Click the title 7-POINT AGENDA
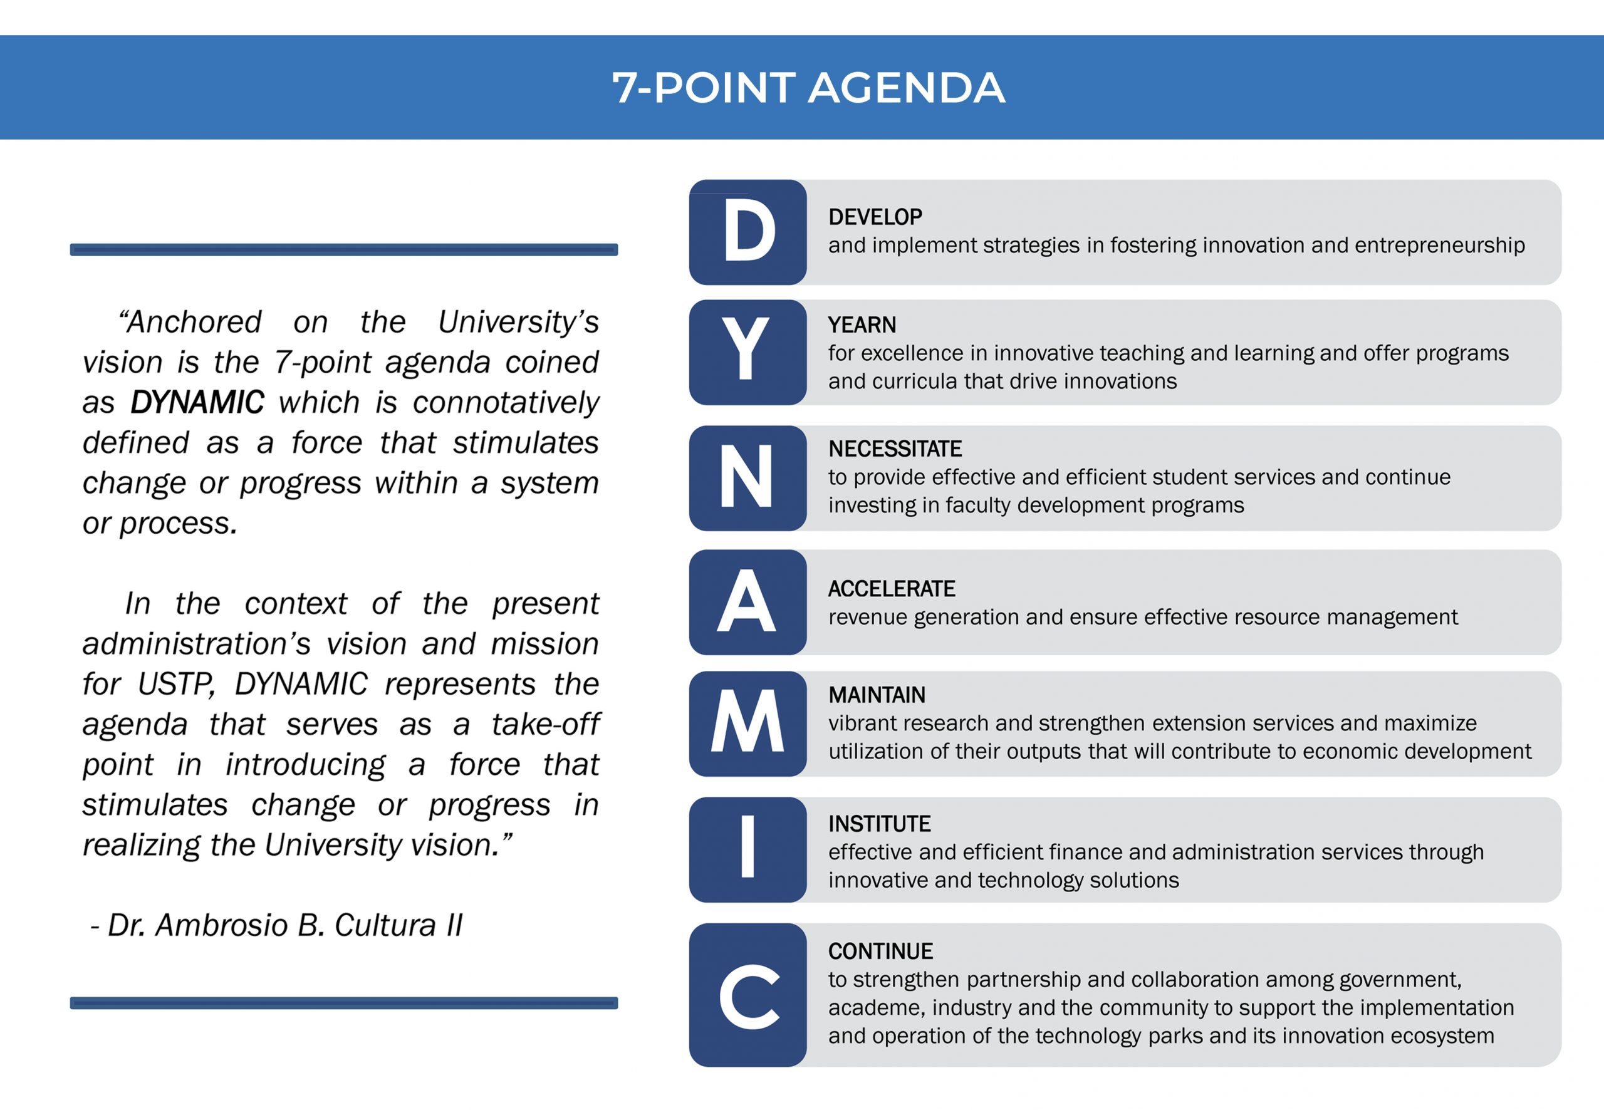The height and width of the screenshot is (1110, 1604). tap(808, 88)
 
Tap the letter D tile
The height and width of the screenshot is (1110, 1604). tap(747, 232)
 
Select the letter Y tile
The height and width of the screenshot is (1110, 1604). tap(747, 353)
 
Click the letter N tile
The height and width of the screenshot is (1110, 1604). tap(747, 479)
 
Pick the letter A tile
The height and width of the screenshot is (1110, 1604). tap(747, 602)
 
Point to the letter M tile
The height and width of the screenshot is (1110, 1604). tap(747, 724)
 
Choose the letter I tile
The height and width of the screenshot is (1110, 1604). tap(747, 850)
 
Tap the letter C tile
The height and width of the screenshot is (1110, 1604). tap(747, 995)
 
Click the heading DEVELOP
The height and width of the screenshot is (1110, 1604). tap(875, 217)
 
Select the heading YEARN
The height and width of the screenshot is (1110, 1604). tap(862, 324)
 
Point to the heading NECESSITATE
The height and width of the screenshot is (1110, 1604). tap(895, 449)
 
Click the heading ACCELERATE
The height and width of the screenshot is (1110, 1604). tap(892, 589)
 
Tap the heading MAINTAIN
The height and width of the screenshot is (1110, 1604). tap(877, 695)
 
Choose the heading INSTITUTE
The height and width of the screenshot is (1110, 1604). tap(879, 824)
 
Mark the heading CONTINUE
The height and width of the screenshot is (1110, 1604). tap(880, 952)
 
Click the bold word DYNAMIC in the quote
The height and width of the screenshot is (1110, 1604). tap(197, 403)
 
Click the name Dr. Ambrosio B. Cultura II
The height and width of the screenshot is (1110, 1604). tap(284, 926)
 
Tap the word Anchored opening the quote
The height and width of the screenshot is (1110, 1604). tap(190, 322)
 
